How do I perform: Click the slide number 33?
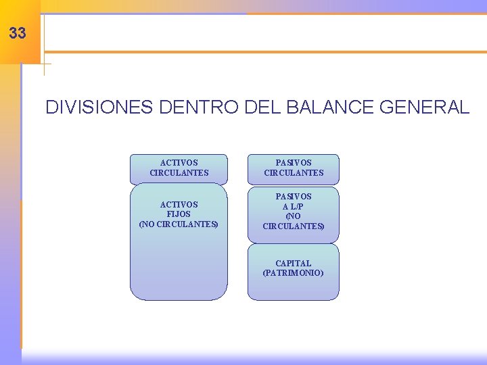[18, 32]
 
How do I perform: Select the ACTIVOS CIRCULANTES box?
[179, 168]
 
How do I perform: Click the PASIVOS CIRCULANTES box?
[294, 168]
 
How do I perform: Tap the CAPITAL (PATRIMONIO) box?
[293, 272]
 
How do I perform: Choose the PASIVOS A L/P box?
[293, 214]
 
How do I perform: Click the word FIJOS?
[179, 214]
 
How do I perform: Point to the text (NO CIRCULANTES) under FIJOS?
[179, 224]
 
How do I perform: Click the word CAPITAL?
[294, 263]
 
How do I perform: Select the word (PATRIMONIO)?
[293, 273]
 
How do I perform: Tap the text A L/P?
[294, 206]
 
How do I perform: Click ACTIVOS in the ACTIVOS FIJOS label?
[179, 204]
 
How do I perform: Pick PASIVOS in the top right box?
[294, 163]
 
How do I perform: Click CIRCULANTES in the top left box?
[179, 173]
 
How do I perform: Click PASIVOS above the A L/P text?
[294, 196]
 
